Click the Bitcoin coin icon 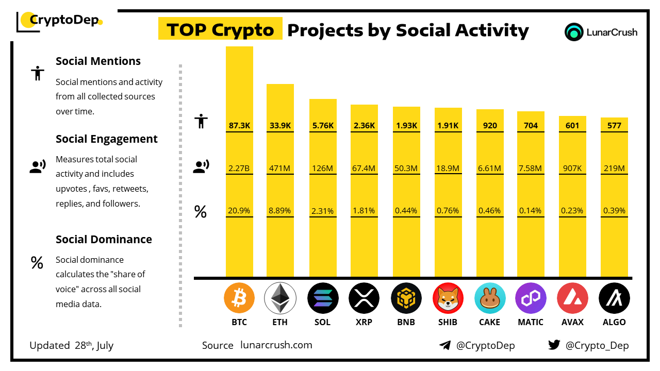[239, 298]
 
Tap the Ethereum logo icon [279, 298]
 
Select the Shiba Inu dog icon [448, 298]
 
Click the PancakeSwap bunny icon [489, 298]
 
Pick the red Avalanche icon [572, 298]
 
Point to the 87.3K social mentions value [239, 125]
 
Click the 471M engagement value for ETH [280, 167]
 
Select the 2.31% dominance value [323, 210]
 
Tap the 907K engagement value [572, 167]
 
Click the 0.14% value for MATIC [531, 210]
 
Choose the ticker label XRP [364, 322]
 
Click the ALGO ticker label [614, 322]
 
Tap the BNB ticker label [406, 322]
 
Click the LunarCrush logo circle [573, 32]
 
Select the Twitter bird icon [554, 345]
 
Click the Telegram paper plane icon [445, 345]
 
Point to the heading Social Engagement [107, 139]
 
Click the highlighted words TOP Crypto [220, 30]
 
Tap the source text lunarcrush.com [276, 345]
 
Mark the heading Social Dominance [104, 239]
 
